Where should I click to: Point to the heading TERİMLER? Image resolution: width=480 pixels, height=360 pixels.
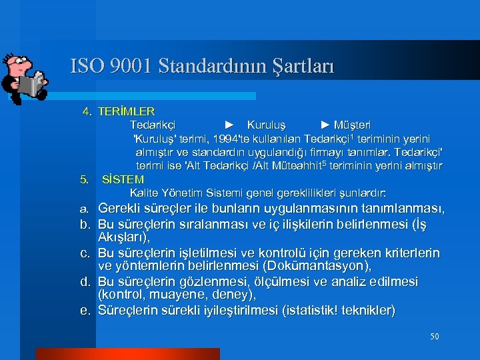click(126, 111)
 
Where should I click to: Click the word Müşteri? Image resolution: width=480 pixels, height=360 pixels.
click(353, 125)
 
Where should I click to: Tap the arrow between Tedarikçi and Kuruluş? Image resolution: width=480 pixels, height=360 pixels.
click(229, 125)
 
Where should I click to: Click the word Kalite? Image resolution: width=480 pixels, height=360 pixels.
click(144, 193)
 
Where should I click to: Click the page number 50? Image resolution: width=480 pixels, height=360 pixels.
click(434, 337)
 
